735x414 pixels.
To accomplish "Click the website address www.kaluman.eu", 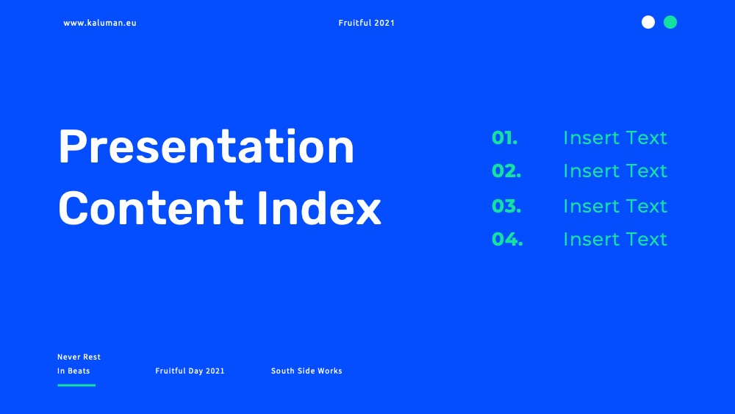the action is (100, 23).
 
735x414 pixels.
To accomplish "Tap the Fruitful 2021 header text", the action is (367, 23).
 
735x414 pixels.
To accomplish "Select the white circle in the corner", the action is (648, 22).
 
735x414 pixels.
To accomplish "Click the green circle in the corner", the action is (670, 22).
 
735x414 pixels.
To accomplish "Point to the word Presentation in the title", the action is (207, 147).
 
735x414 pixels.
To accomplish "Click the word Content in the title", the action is (151, 208).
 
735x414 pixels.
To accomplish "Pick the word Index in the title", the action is (319, 208).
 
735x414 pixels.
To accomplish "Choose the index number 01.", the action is (505, 138).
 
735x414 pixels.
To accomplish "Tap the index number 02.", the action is (506, 171).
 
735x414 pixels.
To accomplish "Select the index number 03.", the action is (506, 207).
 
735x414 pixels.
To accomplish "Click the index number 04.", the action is (507, 240).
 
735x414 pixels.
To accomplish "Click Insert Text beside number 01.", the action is (615, 138).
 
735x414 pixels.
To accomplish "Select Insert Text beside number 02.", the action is (615, 171).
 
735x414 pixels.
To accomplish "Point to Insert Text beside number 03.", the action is (615, 207).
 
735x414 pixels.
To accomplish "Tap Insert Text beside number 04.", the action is (615, 240).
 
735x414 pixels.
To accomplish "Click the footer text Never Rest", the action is (79, 357).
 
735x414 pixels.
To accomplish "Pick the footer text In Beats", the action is (73, 371).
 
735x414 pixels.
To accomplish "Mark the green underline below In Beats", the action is (76, 385).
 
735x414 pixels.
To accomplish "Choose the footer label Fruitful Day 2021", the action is (190, 371).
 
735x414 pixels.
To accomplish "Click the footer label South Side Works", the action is (306, 371).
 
